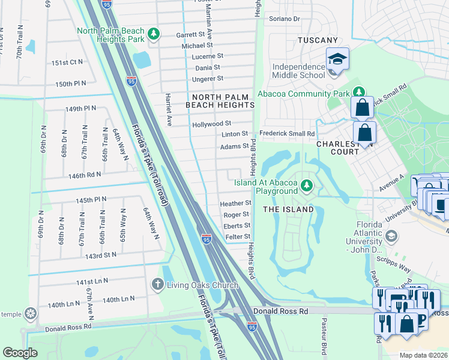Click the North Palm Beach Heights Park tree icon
(154, 34)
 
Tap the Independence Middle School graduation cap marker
(337, 60)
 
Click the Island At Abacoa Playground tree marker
(307, 185)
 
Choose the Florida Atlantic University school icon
(391, 236)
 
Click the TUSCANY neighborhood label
(318, 40)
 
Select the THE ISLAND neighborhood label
(288, 209)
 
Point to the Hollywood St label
(211, 124)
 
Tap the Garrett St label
(191, 35)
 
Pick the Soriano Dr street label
(284, 19)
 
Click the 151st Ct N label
(67, 62)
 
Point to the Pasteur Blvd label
(324, 343)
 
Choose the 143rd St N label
(100, 255)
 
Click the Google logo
(20, 353)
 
